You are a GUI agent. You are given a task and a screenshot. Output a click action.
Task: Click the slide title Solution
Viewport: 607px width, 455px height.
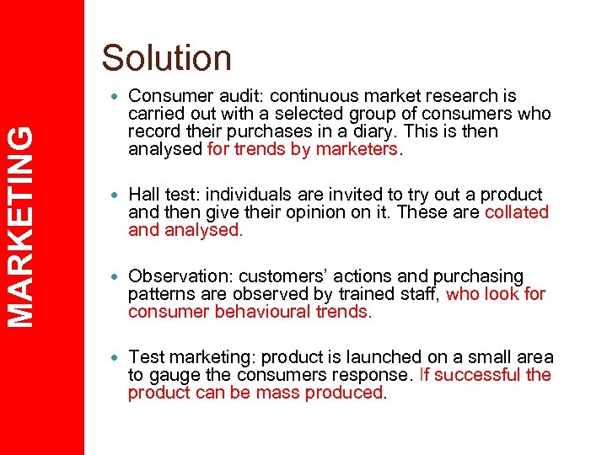(166, 58)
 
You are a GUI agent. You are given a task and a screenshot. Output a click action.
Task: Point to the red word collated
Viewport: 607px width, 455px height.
(516, 212)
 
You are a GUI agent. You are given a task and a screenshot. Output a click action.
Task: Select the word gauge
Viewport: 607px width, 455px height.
(174, 375)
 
